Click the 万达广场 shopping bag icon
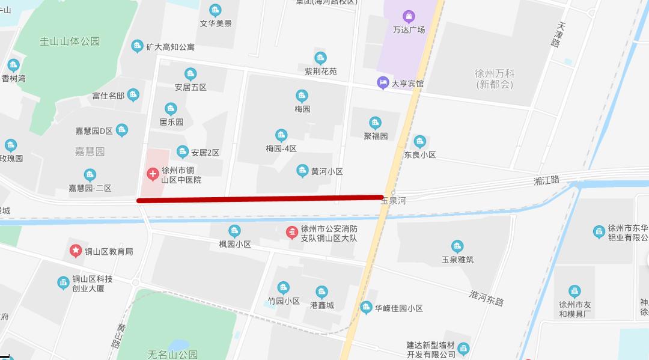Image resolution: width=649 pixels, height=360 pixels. [409, 16]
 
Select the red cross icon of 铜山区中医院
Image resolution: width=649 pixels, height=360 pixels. [153, 175]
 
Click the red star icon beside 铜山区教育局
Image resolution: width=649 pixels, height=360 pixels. [76, 251]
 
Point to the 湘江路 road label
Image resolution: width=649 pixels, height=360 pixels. [546, 180]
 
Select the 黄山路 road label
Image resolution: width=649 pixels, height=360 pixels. [118, 335]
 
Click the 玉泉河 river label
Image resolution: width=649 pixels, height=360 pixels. [393, 201]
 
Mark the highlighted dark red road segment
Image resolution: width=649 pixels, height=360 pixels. [260, 198]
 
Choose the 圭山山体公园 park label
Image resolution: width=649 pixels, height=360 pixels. [70, 41]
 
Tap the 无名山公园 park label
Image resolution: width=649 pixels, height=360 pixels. [172, 355]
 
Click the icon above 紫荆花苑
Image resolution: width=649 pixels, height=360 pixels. [320, 58]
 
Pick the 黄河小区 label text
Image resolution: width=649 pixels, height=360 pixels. [327, 171]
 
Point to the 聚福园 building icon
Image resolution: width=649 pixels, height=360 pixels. [376, 123]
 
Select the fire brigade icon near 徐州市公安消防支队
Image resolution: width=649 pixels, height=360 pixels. [291, 232]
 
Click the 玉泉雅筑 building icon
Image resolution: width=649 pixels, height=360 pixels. [457, 246]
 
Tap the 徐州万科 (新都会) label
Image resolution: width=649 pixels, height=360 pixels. [495, 79]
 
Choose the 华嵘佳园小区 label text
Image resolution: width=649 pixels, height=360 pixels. [399, 308]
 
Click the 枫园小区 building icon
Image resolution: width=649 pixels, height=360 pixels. [234, 231]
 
